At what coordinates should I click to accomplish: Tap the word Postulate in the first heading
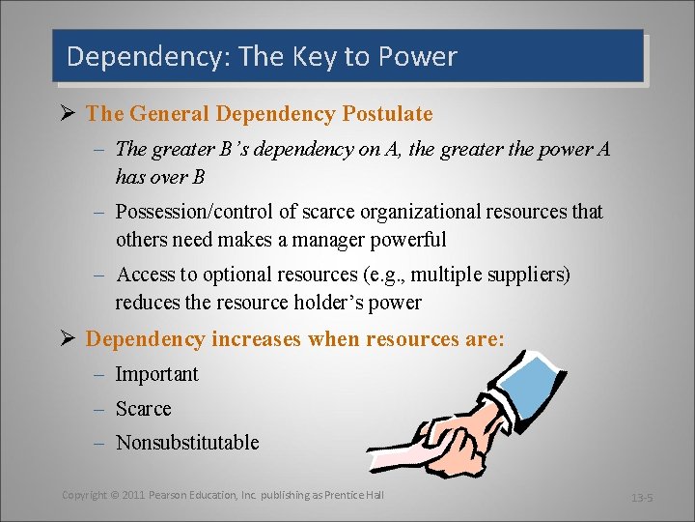pos(387,114)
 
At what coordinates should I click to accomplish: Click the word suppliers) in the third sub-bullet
pos(527,275)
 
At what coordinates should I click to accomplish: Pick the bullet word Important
pos(156,374)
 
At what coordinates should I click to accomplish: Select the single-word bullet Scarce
pos(143,409)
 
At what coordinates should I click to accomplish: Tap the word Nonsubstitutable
pos(187,443)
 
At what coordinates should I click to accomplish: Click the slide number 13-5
pos(643,498)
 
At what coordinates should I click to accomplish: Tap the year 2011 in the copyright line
pos(132,495)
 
